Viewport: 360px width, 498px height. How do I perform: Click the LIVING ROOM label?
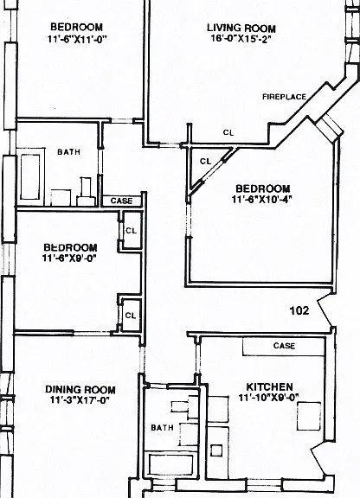241,28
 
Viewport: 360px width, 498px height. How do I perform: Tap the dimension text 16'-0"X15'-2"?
241,39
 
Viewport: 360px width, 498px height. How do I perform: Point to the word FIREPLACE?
284,97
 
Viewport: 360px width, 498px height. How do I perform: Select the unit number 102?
299,310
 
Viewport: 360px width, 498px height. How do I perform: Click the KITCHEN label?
269,386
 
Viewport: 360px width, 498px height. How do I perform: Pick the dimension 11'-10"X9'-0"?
269,398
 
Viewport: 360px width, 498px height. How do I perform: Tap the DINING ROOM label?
80,389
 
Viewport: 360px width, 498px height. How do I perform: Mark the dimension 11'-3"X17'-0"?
80,399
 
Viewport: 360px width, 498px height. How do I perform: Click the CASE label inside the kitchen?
284,346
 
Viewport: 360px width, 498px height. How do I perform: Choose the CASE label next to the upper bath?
121,201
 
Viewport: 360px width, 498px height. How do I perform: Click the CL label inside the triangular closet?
205,162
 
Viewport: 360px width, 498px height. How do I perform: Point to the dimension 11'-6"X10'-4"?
262,200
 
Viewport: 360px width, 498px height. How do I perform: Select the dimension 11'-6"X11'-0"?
77,39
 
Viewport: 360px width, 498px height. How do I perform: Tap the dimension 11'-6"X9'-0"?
69,258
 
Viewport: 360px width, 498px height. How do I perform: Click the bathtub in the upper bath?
30,176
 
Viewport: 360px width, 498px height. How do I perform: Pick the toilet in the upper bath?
87,192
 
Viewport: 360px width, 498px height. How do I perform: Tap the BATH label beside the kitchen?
162,427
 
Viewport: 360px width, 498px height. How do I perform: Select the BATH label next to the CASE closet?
68,152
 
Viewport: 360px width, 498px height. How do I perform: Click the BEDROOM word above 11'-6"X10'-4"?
263,188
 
